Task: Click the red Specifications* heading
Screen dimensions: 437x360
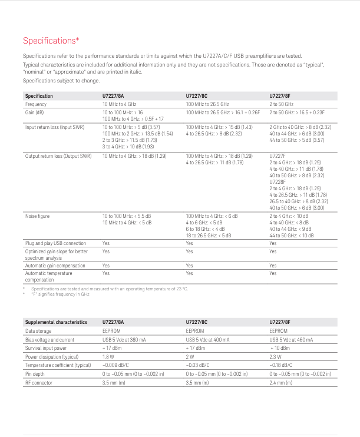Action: (x=51, y=41)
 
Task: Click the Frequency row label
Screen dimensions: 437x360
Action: (x=37, y=104)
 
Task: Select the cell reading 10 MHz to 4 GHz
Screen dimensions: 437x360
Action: (x=119, y=104)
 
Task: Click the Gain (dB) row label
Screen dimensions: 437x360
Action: (x=35, y=112)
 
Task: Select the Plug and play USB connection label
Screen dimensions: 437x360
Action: (x=55, y=243)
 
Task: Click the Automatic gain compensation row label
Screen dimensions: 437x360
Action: (x=58, y=266)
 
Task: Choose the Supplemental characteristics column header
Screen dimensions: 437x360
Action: (x=56, y=322)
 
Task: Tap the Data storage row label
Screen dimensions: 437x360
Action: (x=38, y=331)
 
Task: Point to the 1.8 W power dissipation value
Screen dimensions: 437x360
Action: (x=108, y=357)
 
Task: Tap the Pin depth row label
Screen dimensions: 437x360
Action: (x=35, y=374)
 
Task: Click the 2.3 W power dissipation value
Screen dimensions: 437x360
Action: (x=276, y=357)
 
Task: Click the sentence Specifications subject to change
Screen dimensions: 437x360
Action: (x=61, y=81)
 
